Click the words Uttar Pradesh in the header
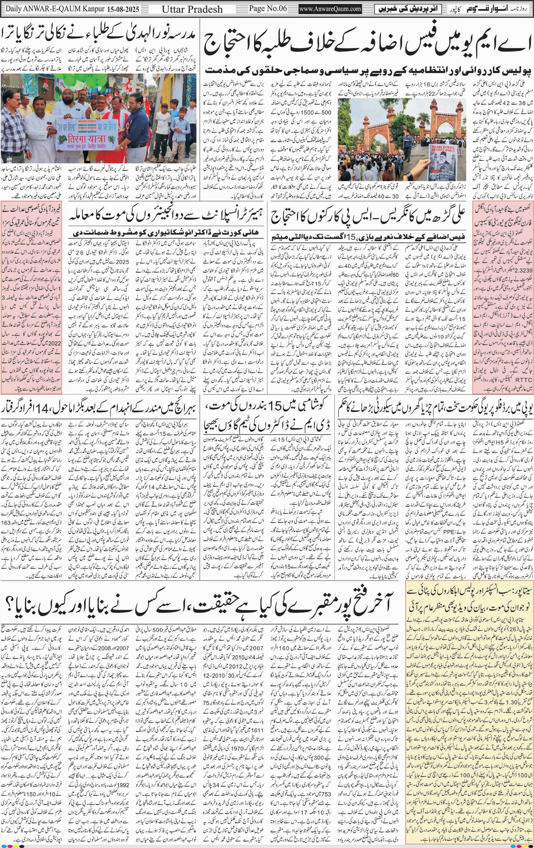click(x=192, y=9)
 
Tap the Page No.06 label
click(x=268, y=8)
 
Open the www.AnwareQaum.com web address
click(x=330, y=9)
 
